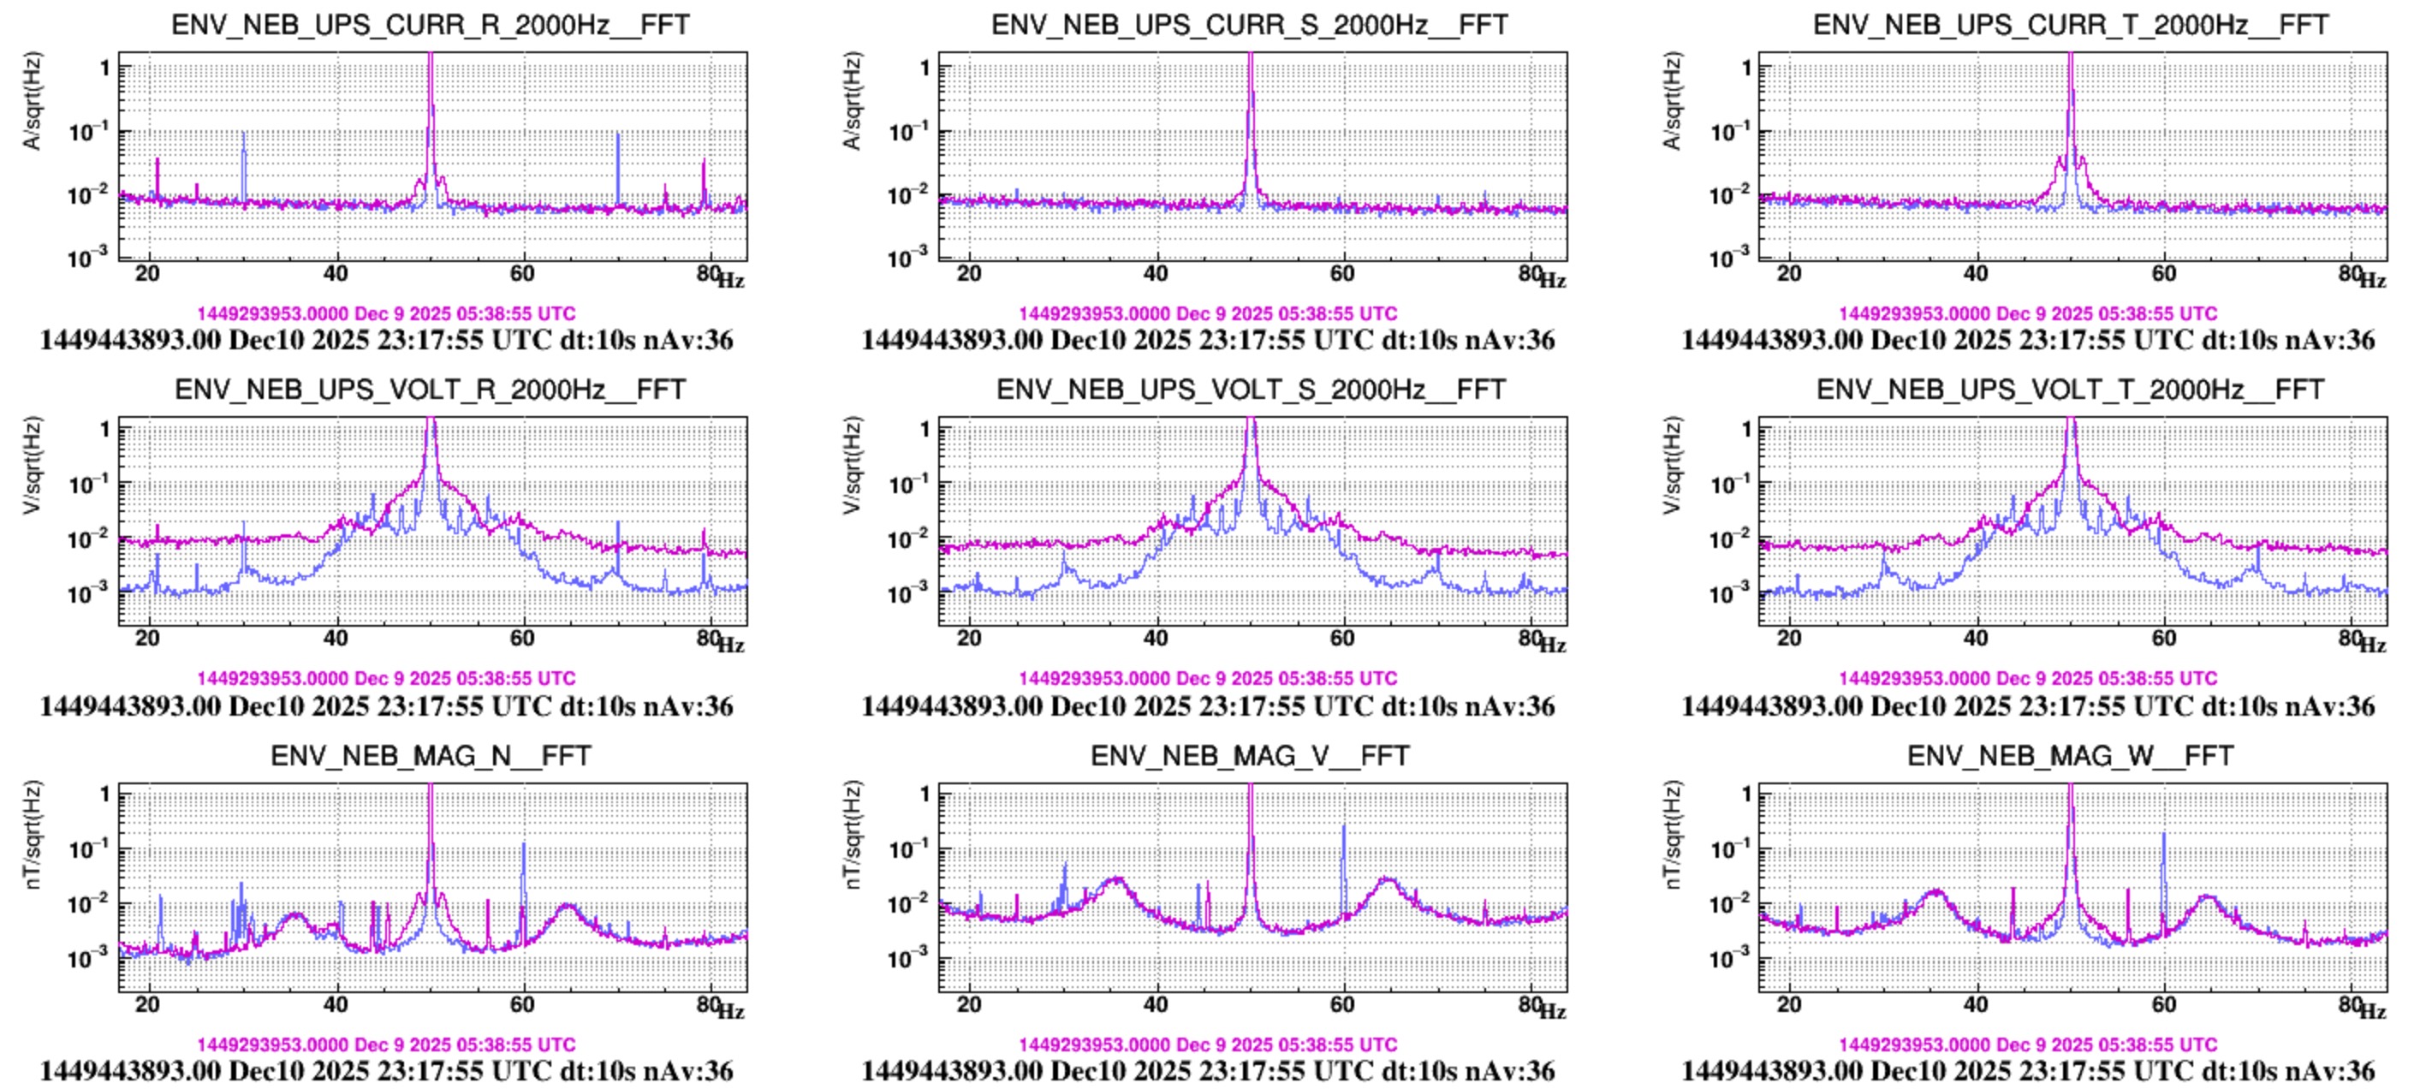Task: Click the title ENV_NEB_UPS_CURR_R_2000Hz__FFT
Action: click(431, 25)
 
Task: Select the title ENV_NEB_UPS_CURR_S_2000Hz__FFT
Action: click(1250, 25)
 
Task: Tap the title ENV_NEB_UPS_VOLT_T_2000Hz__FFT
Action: click(2070, 389)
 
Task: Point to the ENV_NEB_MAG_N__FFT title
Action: click(431, 755)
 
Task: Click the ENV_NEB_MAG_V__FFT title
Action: click(1250, 755)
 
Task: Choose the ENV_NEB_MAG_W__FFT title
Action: click(2070, 755)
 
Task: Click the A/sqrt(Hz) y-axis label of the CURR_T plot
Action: click(1672, 101)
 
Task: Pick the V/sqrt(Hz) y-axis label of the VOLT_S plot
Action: click(852, 466)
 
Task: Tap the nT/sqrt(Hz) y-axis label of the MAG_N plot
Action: click(32, 835)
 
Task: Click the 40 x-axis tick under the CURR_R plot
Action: click(336, 273)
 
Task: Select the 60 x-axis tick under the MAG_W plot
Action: click(2163, 1004)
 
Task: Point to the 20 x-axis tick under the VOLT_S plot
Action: click(969, 638)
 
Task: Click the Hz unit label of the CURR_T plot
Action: click(2372, 281)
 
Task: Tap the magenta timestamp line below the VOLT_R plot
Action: click(386, 678)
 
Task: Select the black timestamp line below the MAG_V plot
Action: click(1207, 1071)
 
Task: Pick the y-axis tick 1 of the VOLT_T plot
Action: click(1746, 430)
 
